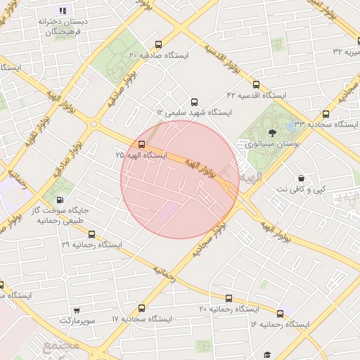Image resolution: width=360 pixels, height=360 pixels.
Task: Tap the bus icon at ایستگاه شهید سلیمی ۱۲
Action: pyautogui.click(x=195, y=101)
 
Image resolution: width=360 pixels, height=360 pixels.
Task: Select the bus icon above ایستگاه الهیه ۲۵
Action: pyautogui.click(x=142, y=144)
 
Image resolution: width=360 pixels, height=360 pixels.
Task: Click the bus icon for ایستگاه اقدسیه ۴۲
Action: pyautogui.click(x=255, y=84)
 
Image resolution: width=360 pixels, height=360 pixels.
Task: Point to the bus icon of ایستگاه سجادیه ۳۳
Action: pyautogui.click(x=326, y=114)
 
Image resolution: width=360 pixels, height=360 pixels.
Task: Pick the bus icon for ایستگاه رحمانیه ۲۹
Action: pyautogui.click(x=91, y=233)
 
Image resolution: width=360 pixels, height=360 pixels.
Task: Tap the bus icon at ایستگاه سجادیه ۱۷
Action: pyautogui.click(x=142, y=308)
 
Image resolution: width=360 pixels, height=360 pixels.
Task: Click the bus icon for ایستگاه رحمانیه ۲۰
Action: pyautogui.click(x=229, y=298)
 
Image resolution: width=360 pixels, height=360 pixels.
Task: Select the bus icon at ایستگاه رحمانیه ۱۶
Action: pyautogui.click(x=281, y=314)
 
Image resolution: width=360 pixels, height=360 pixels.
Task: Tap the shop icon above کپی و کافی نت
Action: pyautogui.click(x=302, y=178)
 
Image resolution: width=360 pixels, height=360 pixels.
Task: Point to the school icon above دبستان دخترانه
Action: pyautogui.click(x=63, y=11)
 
